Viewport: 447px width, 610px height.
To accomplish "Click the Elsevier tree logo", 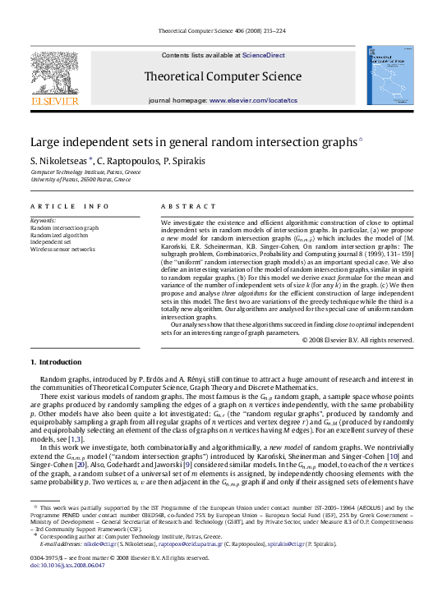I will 55,80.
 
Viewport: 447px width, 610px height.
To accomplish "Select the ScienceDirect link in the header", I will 263,55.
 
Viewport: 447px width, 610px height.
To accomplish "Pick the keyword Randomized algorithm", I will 60,235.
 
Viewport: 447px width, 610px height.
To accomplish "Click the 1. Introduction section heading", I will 56,362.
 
